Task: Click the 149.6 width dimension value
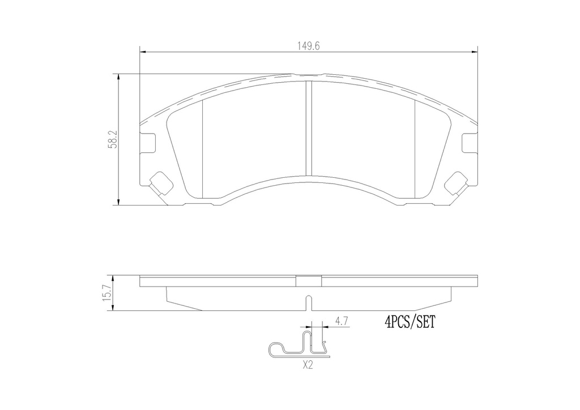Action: coord(309,46)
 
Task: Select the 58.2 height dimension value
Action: coord(113,139)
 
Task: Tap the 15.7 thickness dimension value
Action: coord(108,293)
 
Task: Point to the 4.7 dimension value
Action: coord(341,321)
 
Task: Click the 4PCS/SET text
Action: coord(410,323)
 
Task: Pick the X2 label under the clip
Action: coord(308,366)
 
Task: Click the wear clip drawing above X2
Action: coord(298,344)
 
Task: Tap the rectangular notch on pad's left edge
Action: coord(148,142)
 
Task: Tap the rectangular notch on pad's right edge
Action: coord(470,142)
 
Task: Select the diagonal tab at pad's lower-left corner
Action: coord(160,183)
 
